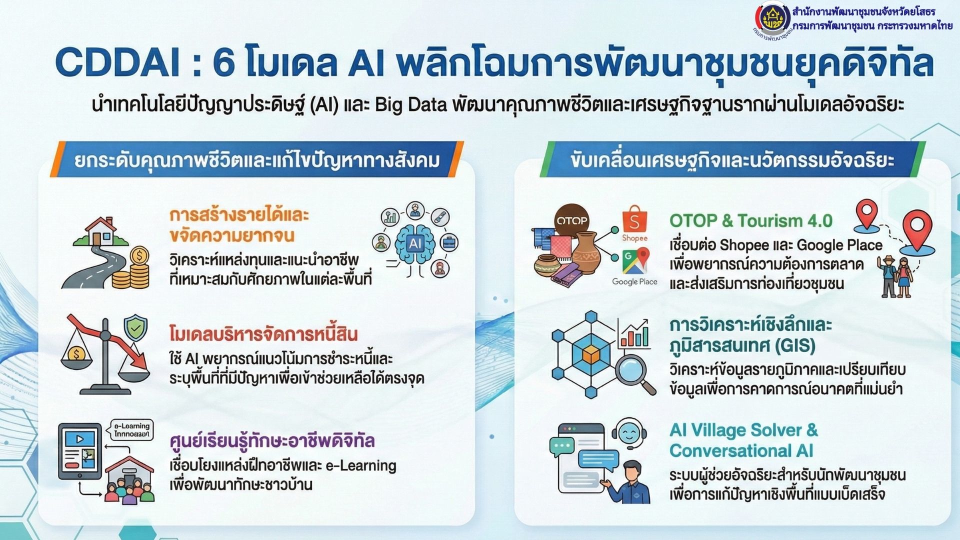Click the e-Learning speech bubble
(x=131, y=429)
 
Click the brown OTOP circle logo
(x=572, y=220)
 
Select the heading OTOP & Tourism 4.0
(x=750, y=220)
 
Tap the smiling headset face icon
(x=629, y=433)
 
